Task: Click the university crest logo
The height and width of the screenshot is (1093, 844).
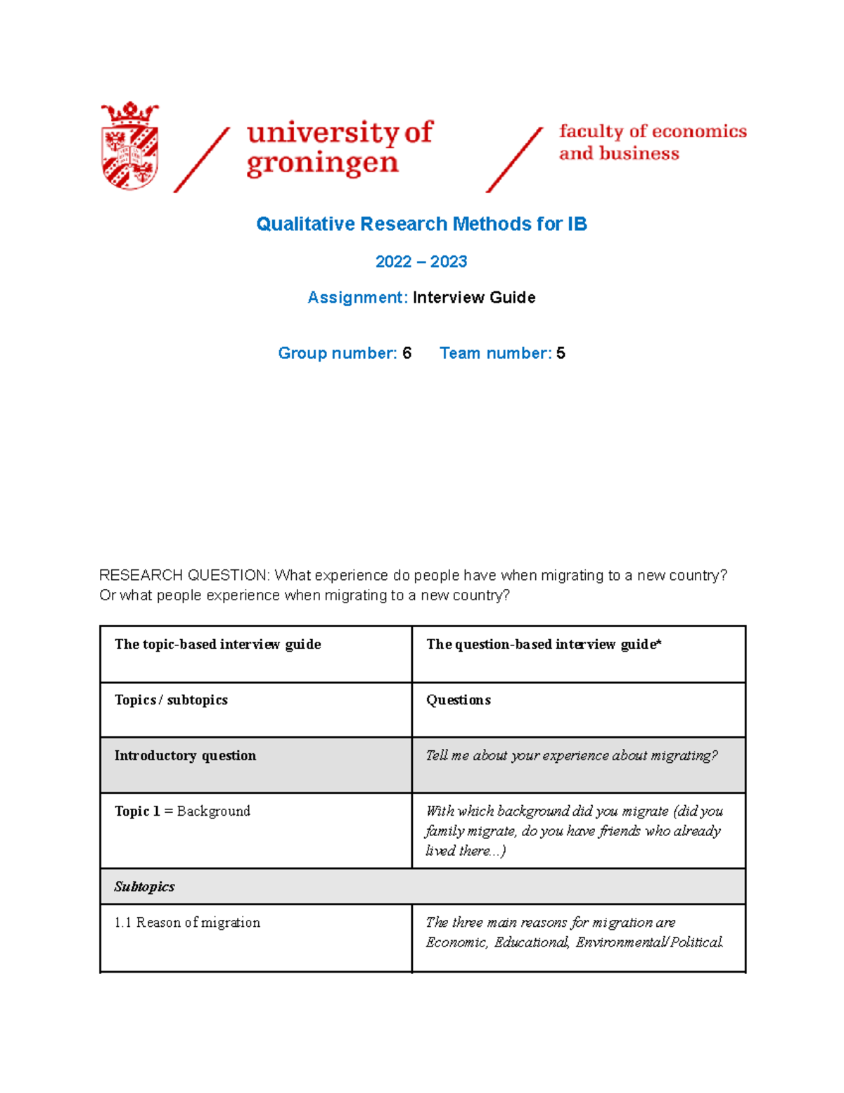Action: point(130,146)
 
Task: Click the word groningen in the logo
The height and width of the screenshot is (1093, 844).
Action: point(322,163)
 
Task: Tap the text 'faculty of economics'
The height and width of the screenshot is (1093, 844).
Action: point(652,132)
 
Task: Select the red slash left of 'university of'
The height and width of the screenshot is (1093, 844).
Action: point(202,160)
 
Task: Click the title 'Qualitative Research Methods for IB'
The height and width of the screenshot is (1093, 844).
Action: point(421,224)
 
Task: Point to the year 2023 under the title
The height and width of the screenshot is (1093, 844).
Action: point(449,262)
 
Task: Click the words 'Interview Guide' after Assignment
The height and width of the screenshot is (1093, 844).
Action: point(474,298)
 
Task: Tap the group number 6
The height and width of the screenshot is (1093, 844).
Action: point(407,353)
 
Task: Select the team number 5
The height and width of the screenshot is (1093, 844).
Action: point(561,353)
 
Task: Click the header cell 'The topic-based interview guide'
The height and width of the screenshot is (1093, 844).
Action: point(217,645)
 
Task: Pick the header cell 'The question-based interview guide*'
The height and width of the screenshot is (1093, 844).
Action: point(543,645)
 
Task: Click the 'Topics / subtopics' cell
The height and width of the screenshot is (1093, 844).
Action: point(171,700)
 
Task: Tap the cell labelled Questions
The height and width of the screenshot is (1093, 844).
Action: point(458,700)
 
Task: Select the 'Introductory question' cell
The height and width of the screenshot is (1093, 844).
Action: point(185,756)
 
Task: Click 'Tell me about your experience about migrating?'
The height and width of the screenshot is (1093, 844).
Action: point(571,756)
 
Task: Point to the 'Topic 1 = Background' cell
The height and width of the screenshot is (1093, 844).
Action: point(182,811)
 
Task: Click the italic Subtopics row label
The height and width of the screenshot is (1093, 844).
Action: point(144,887)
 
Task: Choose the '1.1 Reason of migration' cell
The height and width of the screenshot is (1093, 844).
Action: point(187,923)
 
